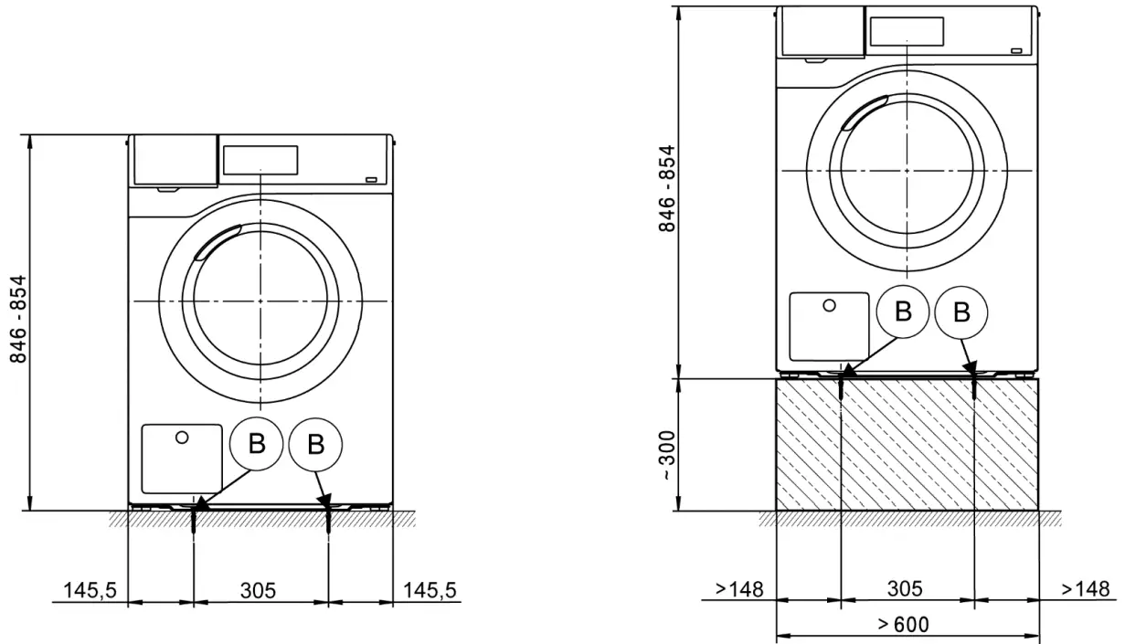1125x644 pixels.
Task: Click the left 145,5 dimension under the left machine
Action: (x=90, y=590)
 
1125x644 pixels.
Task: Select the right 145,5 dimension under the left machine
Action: (x=429, y=590)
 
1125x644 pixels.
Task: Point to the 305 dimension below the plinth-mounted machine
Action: (x=905, y=588)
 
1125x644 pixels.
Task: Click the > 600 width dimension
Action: (x=903, y=625)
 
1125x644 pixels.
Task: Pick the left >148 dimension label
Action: (x=740, y=588)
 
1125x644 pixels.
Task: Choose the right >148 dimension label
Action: (x=1086, y=588)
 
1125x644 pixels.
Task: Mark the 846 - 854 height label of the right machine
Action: (x=668, y=188)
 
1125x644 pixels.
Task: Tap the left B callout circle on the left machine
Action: (x=257, y=445)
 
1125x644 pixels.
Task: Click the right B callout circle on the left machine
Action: (x=315, y=445)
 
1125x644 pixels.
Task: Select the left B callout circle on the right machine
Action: (x=903, y=312)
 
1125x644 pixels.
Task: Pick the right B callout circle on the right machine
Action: (x=961, y=312)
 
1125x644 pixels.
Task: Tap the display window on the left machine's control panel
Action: (x=260, y=160)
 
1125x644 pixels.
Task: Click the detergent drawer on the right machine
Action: (x=821, y=33)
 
